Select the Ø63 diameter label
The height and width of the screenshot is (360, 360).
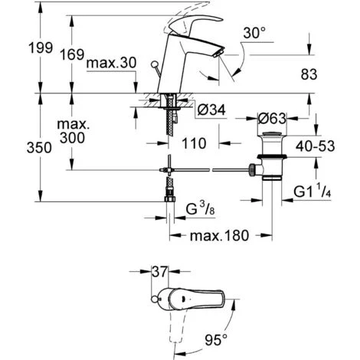[x=271, y=119]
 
